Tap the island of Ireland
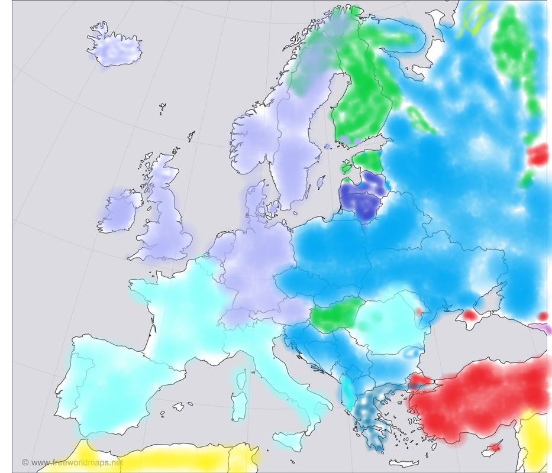(121, 212)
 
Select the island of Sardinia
(240, 408)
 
